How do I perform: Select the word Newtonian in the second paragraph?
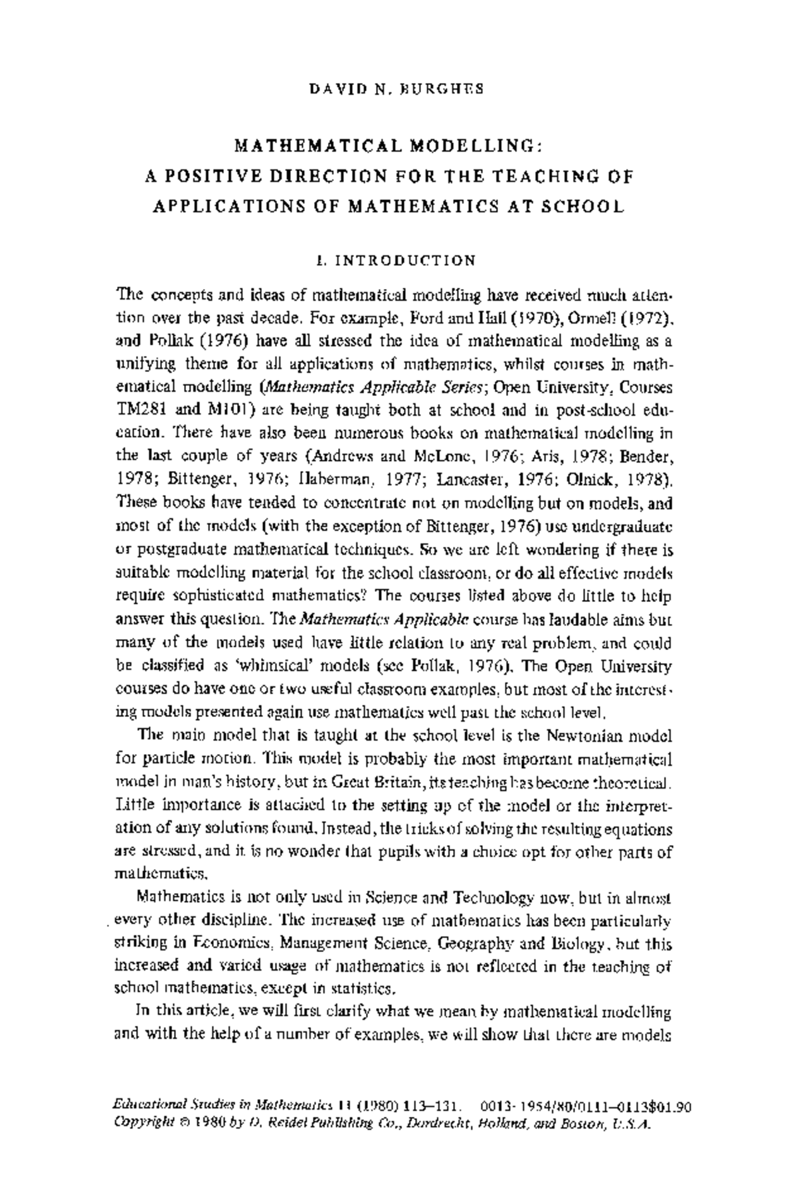coord(585,736)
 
